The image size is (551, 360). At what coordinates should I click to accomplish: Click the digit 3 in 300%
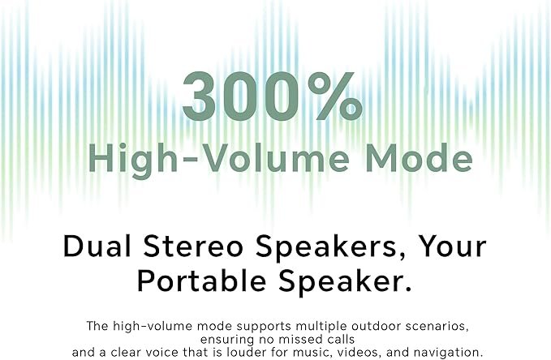[199, 96]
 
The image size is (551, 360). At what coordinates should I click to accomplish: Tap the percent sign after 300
[335, 96]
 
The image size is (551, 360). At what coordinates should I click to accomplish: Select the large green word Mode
[420, 157]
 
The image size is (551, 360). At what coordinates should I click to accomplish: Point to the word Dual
[97, 246]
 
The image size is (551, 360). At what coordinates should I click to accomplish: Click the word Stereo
[193, 246]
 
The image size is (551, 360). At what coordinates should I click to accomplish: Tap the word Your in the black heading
[452, 246]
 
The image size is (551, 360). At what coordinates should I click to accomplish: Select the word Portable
[202, 281]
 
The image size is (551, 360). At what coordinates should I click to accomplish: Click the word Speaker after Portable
[345, 282]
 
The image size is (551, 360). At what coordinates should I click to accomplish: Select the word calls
[338, 339]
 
